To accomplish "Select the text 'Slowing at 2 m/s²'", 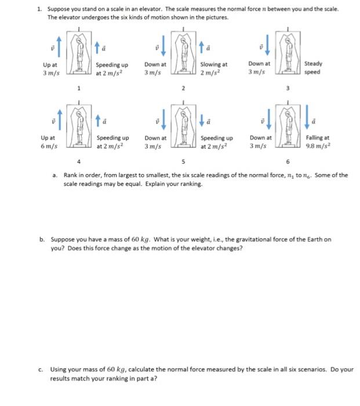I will [x=213, y=68].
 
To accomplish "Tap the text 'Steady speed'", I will [x=313, y=68].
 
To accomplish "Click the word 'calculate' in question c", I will [x=150, y=369].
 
